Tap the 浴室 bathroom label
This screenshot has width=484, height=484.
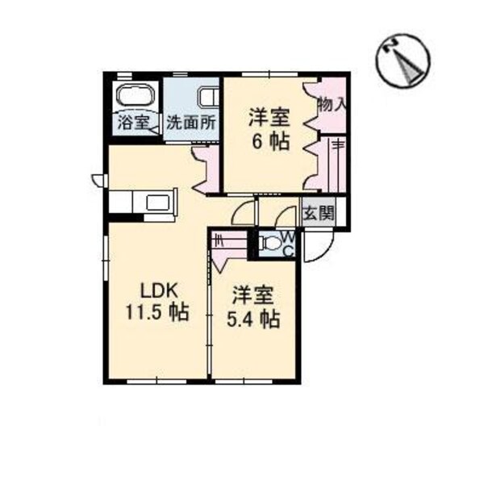pyautogui.click(x=134, y=123)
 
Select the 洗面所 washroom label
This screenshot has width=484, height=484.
pyautogui.click(x=190, y=123)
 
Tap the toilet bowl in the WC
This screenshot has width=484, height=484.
pyautogui.click(x=270, y=243)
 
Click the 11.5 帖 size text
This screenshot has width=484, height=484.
pyautogui.click(x=157, y=312)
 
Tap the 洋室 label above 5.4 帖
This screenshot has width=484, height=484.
pyautogui.click(x=252, y=295)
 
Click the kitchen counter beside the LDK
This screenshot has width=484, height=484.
pyautogui.click(x=143, y=205)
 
